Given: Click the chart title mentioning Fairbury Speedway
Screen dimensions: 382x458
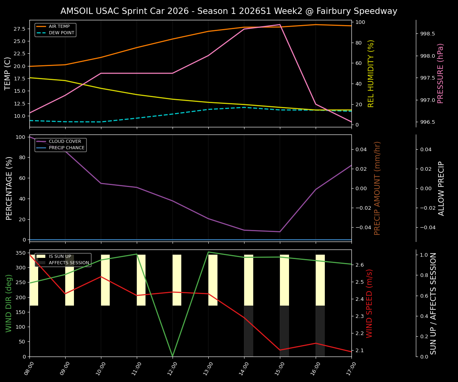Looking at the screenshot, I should pos(229,11).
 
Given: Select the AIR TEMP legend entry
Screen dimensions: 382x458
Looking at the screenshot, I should pos(59,26).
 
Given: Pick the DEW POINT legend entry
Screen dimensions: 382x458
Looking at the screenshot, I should pos(61,33).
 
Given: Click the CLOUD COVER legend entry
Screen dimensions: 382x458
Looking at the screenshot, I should pos(64,141).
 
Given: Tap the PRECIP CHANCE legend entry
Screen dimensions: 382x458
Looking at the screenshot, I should pos(66,148).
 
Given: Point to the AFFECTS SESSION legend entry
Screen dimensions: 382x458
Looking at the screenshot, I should pos(69,263).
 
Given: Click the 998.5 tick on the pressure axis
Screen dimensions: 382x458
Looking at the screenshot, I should pos(427,34).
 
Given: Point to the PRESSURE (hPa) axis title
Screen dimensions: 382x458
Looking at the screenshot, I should pos(441,73).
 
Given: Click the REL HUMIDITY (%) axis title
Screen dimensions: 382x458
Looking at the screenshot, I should pos(371,73).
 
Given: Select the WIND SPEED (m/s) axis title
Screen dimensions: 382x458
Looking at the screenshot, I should pos(370,303).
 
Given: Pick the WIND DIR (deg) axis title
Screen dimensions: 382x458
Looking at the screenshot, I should pos(9,303).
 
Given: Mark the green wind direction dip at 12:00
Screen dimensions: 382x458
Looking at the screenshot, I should pos(173,356).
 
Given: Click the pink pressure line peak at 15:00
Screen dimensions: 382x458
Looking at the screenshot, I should pos(280,25).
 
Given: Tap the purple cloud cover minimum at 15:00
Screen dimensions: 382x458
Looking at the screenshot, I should pos(280,232).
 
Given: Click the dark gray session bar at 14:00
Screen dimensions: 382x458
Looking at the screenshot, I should pos(248,331).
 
